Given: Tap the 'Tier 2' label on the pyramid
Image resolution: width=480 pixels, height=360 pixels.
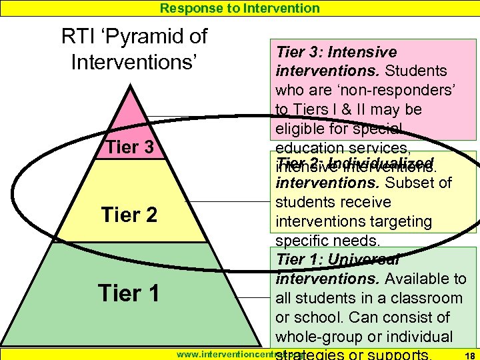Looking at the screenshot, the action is (129, 215).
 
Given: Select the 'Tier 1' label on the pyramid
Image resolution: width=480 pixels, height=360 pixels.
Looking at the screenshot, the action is (129, 293).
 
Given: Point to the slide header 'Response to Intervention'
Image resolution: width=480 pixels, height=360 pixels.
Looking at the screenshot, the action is (240, 8).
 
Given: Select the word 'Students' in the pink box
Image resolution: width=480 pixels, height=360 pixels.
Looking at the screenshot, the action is (416, 71).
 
